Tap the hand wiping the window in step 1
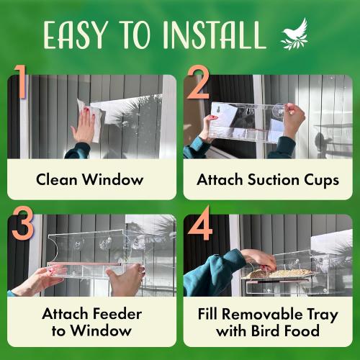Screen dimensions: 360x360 click(x=84, y=127)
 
